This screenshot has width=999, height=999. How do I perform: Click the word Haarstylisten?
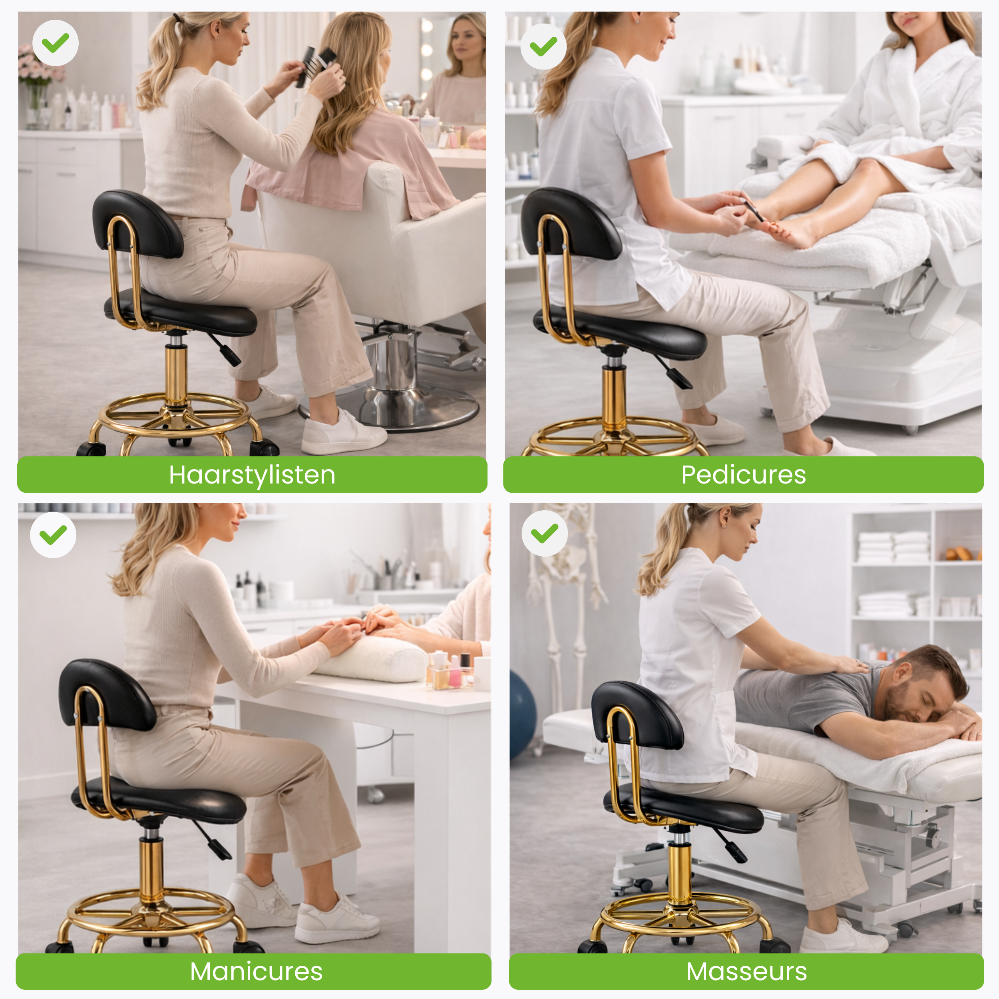(252, 475)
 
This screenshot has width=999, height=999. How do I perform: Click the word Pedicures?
(743, 475)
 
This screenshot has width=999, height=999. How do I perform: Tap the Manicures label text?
(256, 971)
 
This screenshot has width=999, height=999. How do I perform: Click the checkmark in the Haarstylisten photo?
(55, 43)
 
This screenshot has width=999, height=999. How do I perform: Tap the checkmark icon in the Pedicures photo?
(543, 46)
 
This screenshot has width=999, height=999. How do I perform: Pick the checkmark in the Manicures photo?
(53, 535)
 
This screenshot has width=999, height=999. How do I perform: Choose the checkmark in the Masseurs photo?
(545, 533)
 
